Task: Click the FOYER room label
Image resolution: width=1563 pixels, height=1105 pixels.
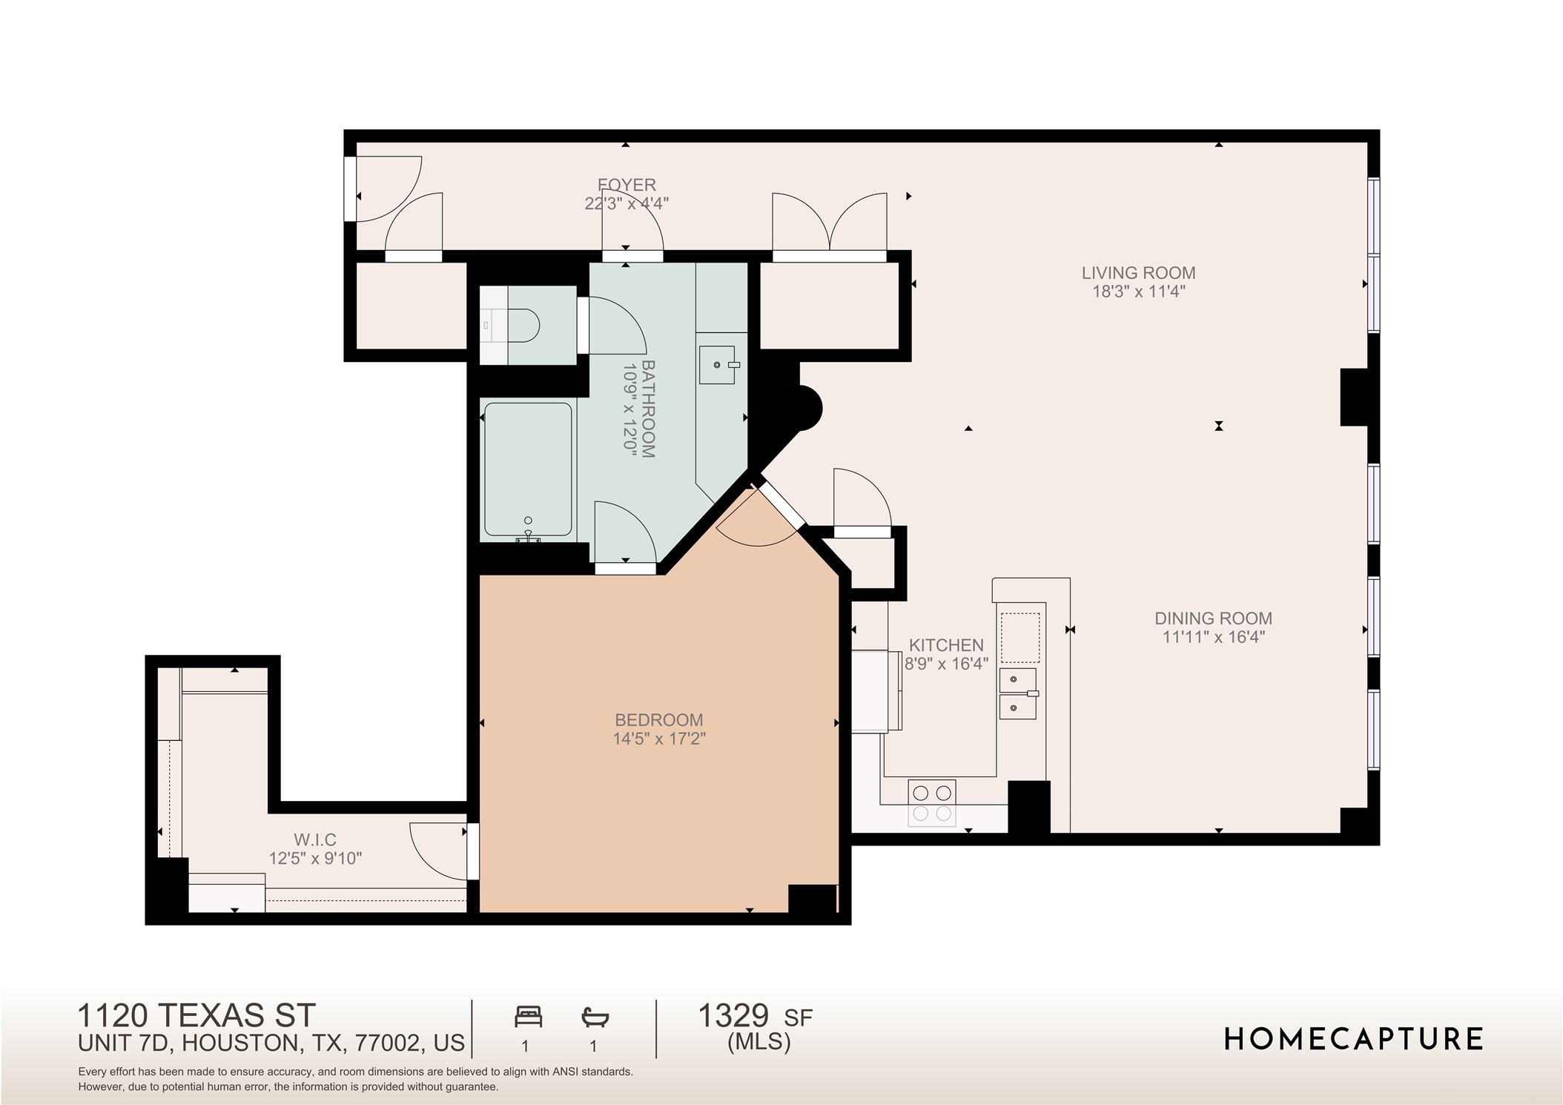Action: click(627, 185)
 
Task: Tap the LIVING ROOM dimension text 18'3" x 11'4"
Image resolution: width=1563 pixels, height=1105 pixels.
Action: click(1138, 291)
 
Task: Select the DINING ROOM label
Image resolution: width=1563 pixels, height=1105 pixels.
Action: click(1213, 619)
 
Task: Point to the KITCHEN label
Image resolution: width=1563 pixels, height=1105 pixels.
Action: click(946, 645)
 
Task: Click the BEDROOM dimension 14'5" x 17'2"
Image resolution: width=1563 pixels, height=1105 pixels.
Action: click(658, 739)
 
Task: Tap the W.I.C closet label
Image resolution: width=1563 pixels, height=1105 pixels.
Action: click(315, 840)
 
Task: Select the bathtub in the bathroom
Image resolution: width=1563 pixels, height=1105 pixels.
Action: click(528, 469)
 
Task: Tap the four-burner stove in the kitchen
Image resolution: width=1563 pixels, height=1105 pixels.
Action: click(932, 803)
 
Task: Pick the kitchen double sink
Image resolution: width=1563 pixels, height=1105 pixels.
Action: click(1017, 693)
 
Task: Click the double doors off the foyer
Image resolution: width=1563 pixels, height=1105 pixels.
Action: click(829, 222)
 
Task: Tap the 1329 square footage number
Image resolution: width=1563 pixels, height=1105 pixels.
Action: click(733, 1016)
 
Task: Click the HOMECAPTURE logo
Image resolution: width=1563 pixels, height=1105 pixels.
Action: click(1353, 1039)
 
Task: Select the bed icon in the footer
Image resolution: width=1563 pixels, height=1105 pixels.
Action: click(528, 1017)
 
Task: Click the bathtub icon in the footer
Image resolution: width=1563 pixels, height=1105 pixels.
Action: click(595, 1017)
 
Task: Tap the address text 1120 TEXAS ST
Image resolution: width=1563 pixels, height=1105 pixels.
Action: click(196, 1015)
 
